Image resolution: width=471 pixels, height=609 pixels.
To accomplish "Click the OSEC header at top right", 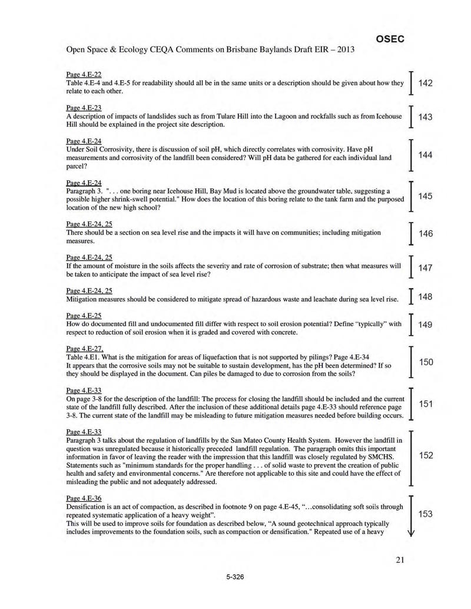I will (390, 39).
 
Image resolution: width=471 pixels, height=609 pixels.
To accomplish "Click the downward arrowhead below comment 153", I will (411, 533).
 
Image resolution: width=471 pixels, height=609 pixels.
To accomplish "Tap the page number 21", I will (400, 560).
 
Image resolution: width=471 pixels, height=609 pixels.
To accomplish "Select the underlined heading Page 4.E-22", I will (84, 74).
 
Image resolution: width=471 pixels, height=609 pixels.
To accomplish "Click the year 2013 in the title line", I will (344, 49).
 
